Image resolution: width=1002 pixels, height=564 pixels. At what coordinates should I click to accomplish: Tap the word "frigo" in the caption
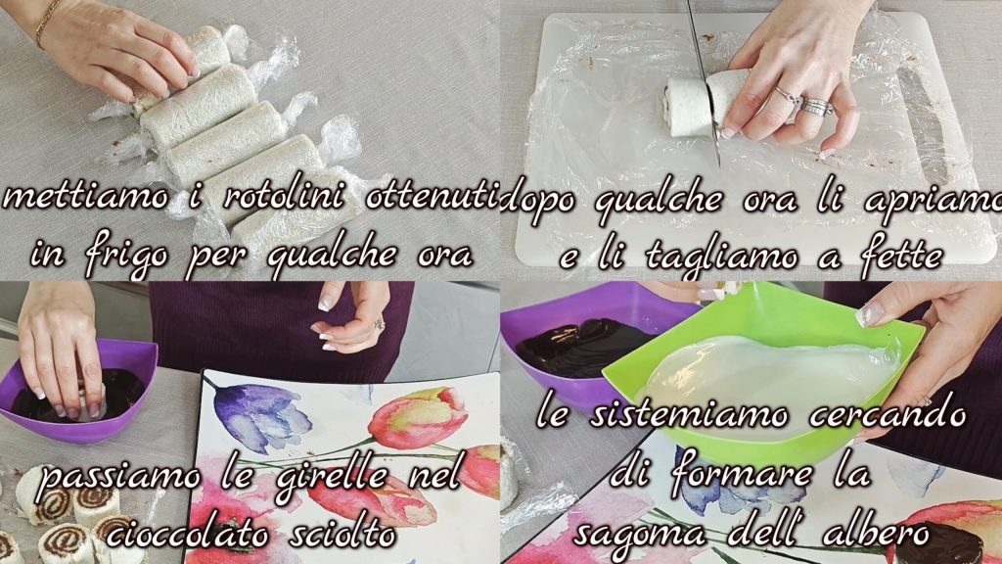tap(126, 254)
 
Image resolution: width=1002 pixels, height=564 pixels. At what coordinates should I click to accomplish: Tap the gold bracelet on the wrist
tap(46, 23)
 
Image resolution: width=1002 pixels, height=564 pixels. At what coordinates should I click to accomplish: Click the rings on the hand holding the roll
tap(805, 102)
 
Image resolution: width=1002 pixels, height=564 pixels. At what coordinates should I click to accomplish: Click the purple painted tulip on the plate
tap(262, 414)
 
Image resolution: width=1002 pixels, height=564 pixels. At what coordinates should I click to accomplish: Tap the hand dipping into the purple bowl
tap(61, 352)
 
